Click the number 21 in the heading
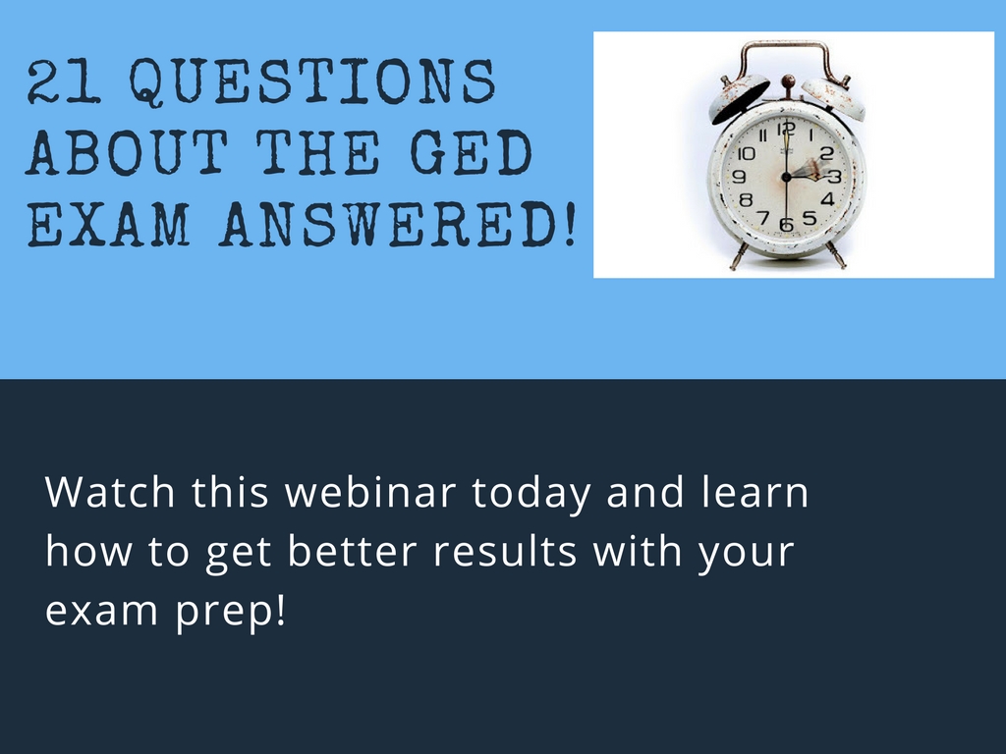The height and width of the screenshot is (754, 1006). (64, 82)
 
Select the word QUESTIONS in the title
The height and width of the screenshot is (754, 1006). (312, 82)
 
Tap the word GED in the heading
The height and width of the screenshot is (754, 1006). (472, 152)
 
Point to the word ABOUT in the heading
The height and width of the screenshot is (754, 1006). (127, 152)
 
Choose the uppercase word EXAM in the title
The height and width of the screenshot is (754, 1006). (109, 225)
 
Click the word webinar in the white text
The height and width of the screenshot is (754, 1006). (370, 492)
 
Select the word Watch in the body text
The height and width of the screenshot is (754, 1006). (110, 492)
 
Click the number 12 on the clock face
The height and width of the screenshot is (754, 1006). (786, 130)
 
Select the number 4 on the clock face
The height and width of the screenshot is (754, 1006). (827, 198)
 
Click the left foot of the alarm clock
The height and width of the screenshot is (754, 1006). (738, 256)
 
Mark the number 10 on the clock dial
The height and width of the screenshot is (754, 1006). (746, 154)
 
